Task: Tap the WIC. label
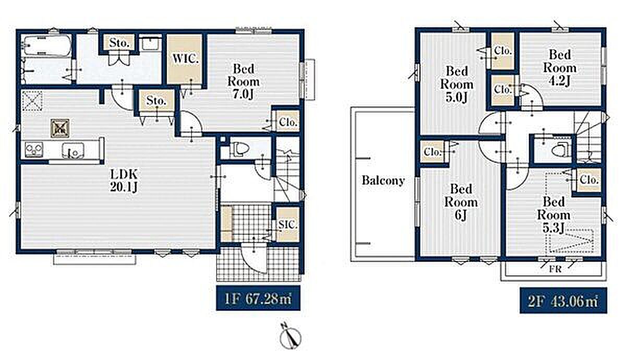[185, 59]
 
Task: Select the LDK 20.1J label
[124, 181]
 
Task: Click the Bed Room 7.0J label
[244, 81]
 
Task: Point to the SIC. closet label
[287, 224]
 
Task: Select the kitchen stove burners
[34, 150]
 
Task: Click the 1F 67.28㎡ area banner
[258, 298]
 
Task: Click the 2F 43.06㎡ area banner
[563, 301]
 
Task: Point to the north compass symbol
[290, 337]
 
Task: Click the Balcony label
[383, 181]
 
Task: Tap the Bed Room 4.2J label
[560, 68]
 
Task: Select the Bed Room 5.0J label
[457, 85]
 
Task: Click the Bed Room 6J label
[461, 202]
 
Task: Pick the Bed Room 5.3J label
[553, 215]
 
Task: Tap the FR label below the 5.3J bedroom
[555, 269]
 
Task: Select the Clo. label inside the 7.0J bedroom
[288, 123]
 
